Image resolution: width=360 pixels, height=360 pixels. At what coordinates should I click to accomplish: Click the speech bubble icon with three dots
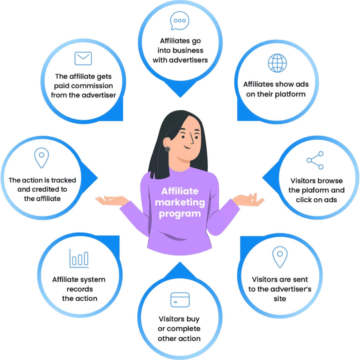pos(180,21)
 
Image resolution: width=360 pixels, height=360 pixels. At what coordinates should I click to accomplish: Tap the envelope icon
pos(83,58)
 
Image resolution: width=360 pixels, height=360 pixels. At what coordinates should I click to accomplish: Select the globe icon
pos(277,63)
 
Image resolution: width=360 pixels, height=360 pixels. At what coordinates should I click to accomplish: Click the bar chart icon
pos(79,258)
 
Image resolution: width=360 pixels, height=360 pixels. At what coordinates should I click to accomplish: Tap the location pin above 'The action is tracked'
pos(41,157)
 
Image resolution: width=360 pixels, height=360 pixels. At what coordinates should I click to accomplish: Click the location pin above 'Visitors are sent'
pos(280,257)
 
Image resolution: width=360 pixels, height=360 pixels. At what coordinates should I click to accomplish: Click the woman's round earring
pos(167,149)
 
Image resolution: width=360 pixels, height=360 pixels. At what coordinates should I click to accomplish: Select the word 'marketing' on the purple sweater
pos(180,202)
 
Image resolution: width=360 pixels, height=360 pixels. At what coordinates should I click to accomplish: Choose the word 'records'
pos(79,289)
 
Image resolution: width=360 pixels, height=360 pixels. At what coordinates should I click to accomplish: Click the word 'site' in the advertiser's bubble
pos(280,299)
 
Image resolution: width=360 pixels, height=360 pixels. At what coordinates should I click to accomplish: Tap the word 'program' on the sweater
pos(180,214)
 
